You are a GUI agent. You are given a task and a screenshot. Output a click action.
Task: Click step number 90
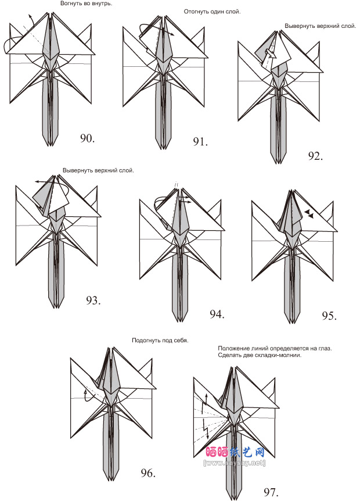[87, 138]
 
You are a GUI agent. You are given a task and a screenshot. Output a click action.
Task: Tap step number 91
[200, 141]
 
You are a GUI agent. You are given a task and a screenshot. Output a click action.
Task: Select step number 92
[316, 155]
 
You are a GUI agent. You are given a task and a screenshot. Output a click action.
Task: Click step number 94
[217, 314]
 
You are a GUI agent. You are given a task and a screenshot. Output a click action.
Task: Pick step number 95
[329, 316]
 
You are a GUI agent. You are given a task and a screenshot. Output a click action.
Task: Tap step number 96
[147, 473]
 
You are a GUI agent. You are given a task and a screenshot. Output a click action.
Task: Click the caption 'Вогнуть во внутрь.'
[87, 3]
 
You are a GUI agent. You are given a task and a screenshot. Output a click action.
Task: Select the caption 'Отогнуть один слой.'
[212, 12]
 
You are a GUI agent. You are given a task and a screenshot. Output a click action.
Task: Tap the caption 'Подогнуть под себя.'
[160, 340]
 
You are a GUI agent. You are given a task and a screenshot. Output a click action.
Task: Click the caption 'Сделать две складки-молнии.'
[260, 355]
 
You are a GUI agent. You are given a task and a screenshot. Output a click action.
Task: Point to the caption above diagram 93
[98, 170]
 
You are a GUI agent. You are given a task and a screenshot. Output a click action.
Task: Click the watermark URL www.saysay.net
[234, 463]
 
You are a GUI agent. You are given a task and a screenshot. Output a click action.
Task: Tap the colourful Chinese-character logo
[235, 452]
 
